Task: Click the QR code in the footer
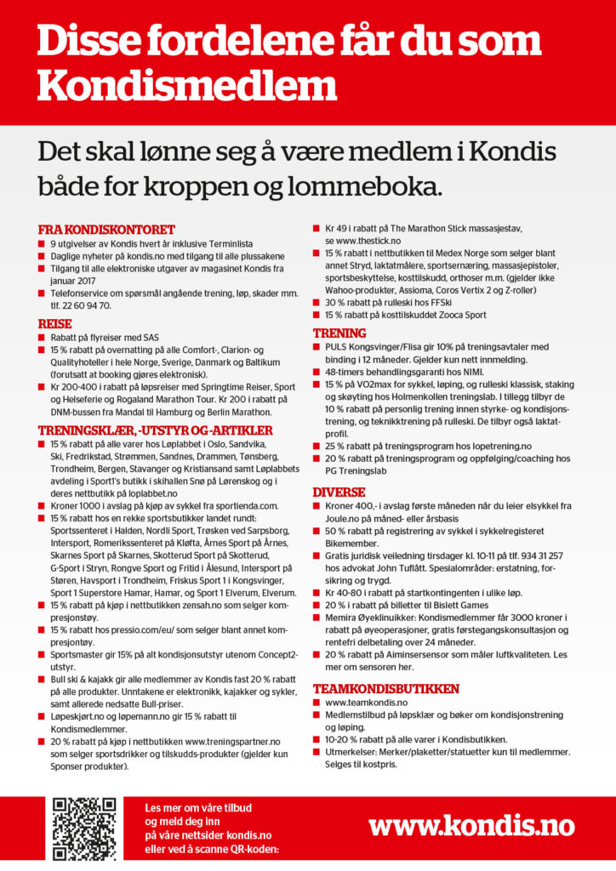(84, 827)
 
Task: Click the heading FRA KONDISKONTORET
(106, 230)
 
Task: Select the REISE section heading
(55, 324)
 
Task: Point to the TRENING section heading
(339, 333)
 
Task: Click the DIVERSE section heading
(339, 492)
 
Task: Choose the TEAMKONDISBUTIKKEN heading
(386, 688)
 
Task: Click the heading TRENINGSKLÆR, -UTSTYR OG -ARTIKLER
(156, 430)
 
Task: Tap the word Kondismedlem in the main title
(187, 86)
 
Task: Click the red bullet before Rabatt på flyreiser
(42, 338)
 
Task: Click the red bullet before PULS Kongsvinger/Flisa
(317, 347)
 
